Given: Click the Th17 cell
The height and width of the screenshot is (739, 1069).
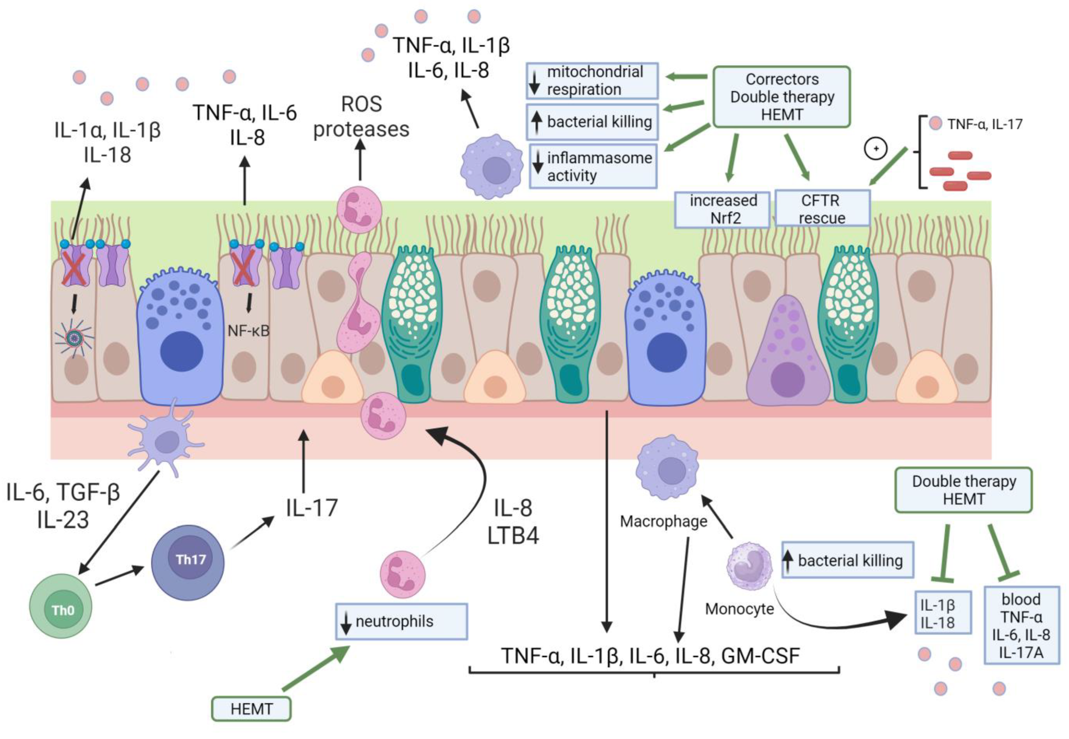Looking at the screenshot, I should click(x=188, y=562).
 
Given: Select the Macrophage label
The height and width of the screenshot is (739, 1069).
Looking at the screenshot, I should click(x=663, y=521).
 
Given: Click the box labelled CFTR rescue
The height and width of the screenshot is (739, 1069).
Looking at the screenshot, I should click(x=822, y=209).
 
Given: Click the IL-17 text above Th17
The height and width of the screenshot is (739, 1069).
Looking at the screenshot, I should click(x=312, y=508).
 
